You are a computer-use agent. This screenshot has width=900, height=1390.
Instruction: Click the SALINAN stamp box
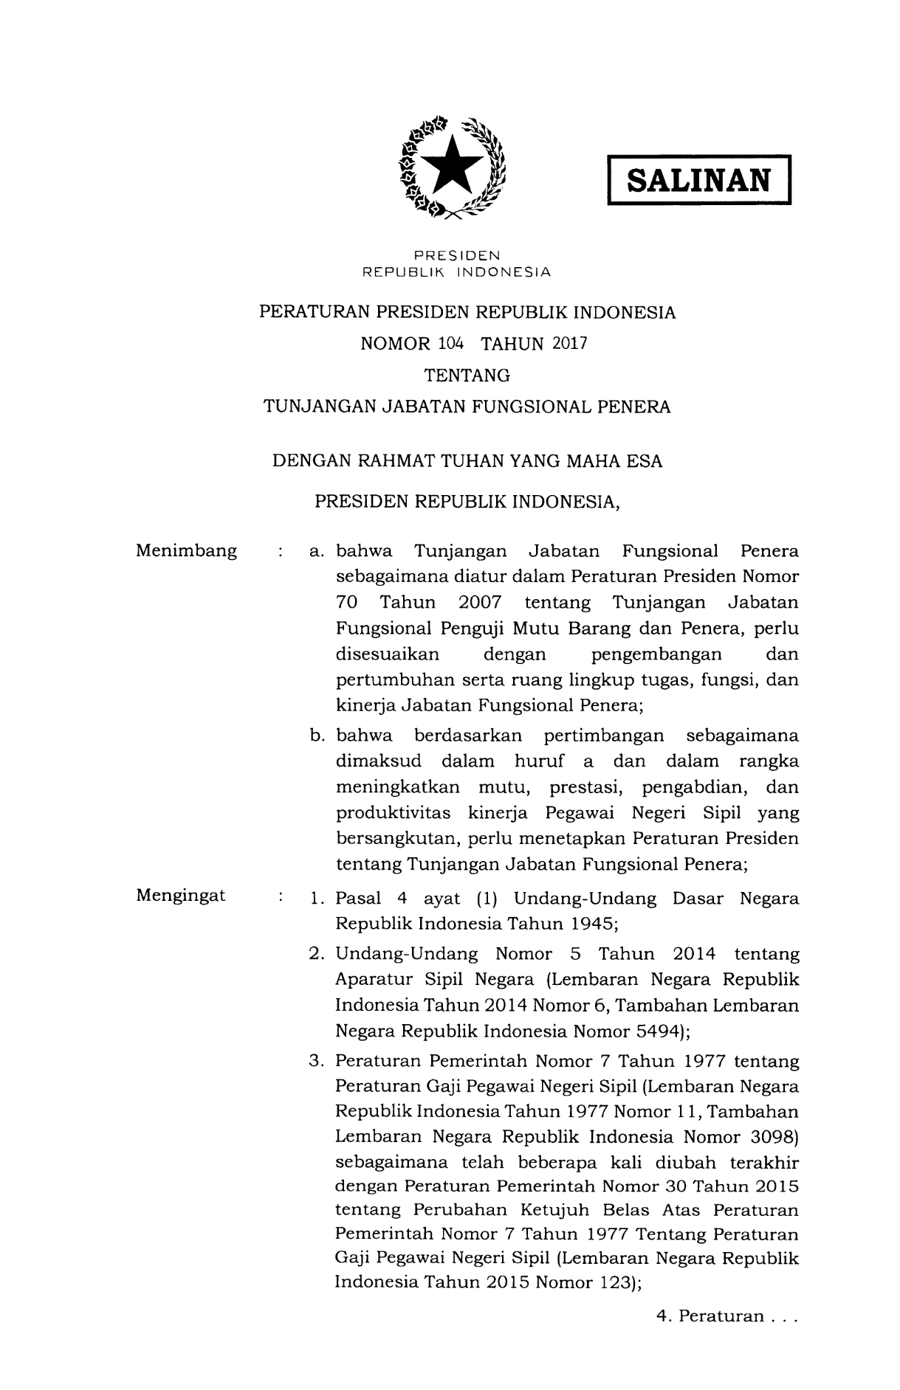click(698, 179)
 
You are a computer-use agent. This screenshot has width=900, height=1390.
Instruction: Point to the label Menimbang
click(187, 551)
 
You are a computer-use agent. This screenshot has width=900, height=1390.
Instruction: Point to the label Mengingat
click(181, 896)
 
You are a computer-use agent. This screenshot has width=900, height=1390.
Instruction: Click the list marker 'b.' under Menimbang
click(318, 736)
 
